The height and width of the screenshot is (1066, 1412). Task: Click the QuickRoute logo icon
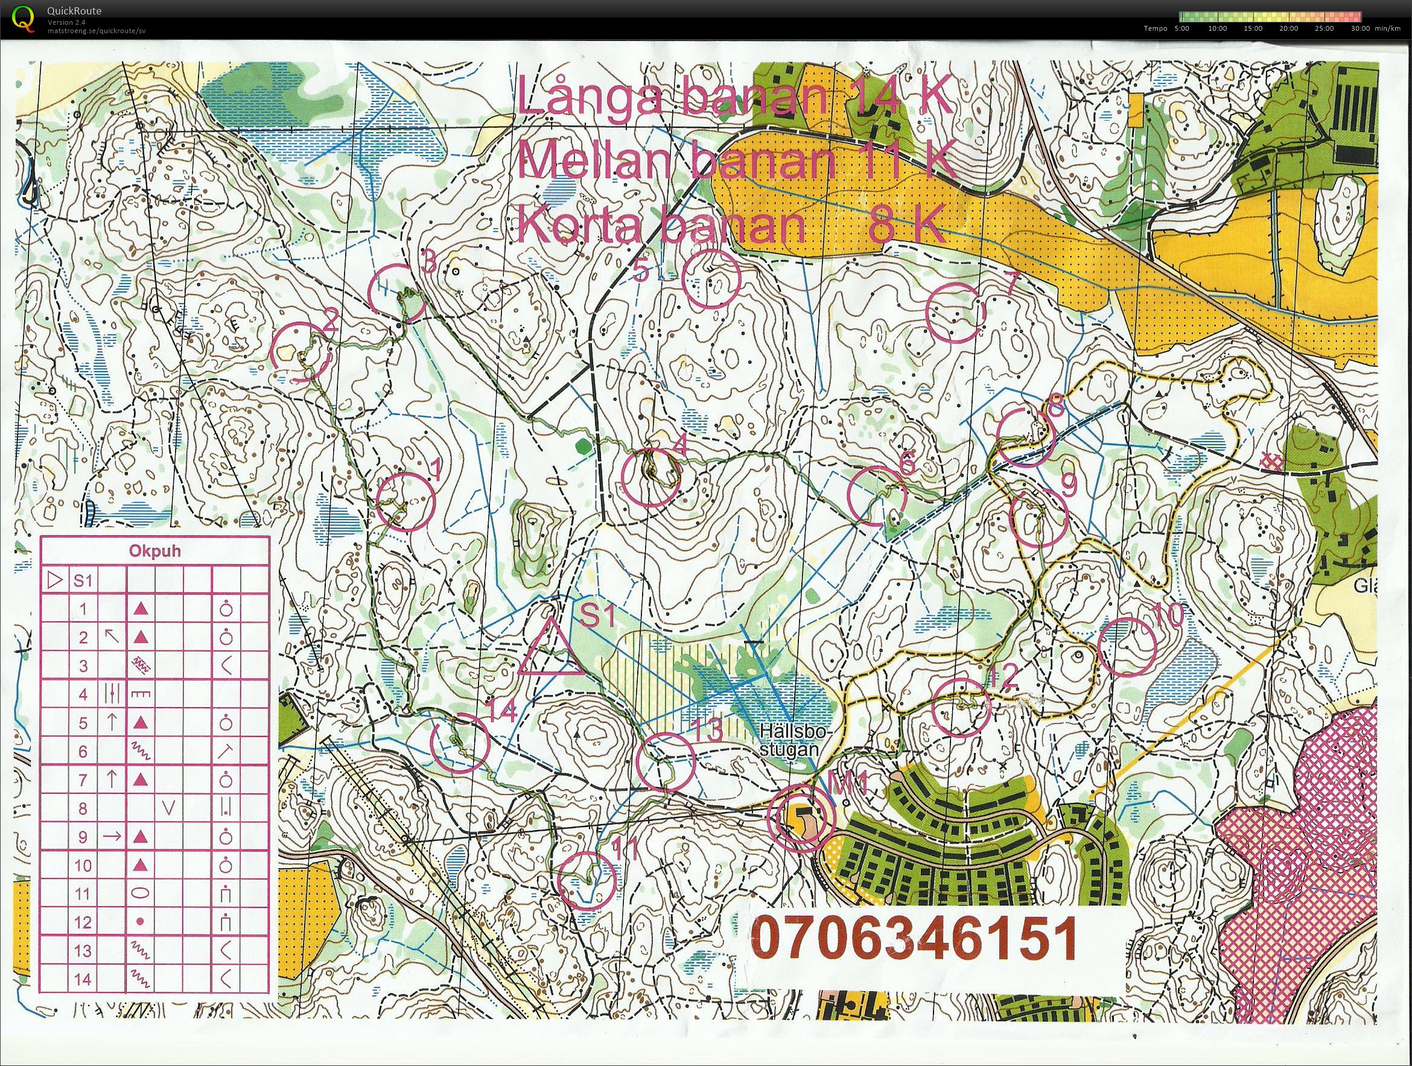(24, 19)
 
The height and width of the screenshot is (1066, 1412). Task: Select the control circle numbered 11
(587, 881)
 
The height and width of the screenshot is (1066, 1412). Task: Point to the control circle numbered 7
(955, 312)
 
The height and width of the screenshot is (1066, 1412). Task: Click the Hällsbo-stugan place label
(790, 739)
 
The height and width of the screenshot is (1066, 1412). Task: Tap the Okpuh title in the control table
(154, 551)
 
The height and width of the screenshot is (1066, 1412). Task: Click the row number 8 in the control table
(83, 809)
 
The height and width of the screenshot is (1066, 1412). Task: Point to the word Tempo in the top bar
(1156, 28)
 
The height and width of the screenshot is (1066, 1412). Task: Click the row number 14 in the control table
(83, 979)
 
